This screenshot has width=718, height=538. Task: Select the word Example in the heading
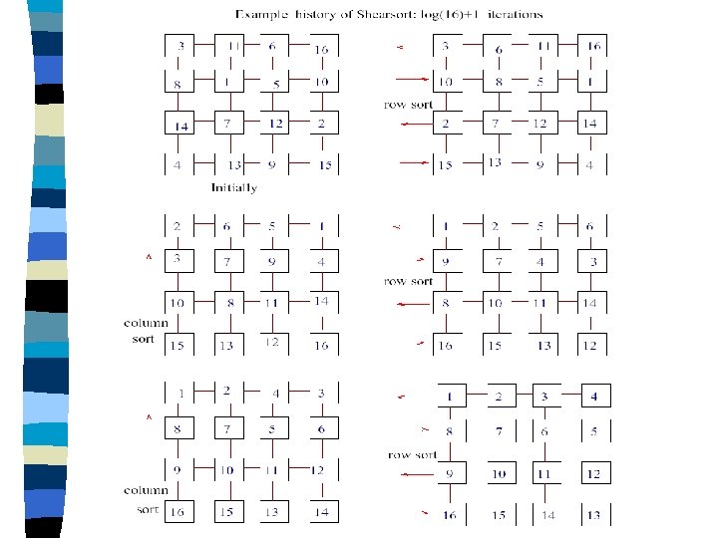tap(263, 14)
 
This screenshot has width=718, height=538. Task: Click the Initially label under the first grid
tap(234, 187)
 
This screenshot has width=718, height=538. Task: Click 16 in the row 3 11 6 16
tap(322, 49)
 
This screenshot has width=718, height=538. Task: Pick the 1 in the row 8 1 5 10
tap(228, 83)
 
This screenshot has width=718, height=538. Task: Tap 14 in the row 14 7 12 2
tap(180, 125)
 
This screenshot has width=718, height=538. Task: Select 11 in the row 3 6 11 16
tap(544, 47)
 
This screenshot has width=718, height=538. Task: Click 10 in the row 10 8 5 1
tap(446, 82)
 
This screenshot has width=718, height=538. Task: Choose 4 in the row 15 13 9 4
tap(590, 165)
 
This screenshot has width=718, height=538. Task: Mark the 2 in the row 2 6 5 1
tap(177, 226)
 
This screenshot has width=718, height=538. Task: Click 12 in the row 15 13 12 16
tap(270, 343)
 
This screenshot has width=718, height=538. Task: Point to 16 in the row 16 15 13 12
tap(446, 345)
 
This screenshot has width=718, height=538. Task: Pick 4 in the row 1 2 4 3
tap(276, 393)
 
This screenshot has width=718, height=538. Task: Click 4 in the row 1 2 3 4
tap(595, 397)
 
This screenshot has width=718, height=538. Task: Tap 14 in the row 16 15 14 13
tap(547, 516)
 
